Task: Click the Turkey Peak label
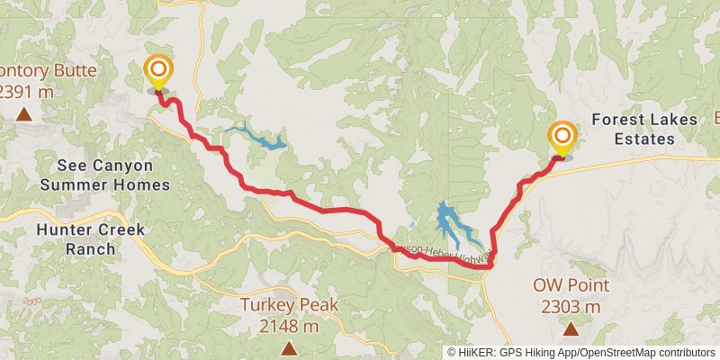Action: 289,305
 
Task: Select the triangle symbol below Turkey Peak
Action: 289,346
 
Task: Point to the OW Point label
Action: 571,286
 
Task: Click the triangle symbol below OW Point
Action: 571,328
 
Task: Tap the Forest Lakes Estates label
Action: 633,129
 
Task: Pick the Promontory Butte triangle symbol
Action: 23,113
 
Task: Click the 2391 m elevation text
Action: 25,91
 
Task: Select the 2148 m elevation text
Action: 289,325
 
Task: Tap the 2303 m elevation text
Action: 571,307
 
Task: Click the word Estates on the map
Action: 645,139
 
